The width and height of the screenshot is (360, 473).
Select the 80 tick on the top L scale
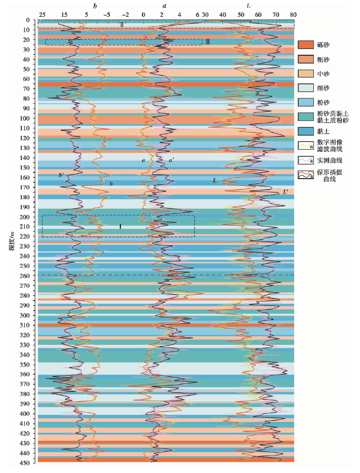tap(293, 14)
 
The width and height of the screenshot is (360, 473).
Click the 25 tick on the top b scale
tap(42, 14)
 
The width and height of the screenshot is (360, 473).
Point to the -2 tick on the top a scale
tap(125, 14)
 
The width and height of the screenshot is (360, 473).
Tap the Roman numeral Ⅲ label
tap(207, 42)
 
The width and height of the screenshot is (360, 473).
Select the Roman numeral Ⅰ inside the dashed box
tap(120, 226)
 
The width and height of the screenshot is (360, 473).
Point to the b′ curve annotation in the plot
tap(61, 175)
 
